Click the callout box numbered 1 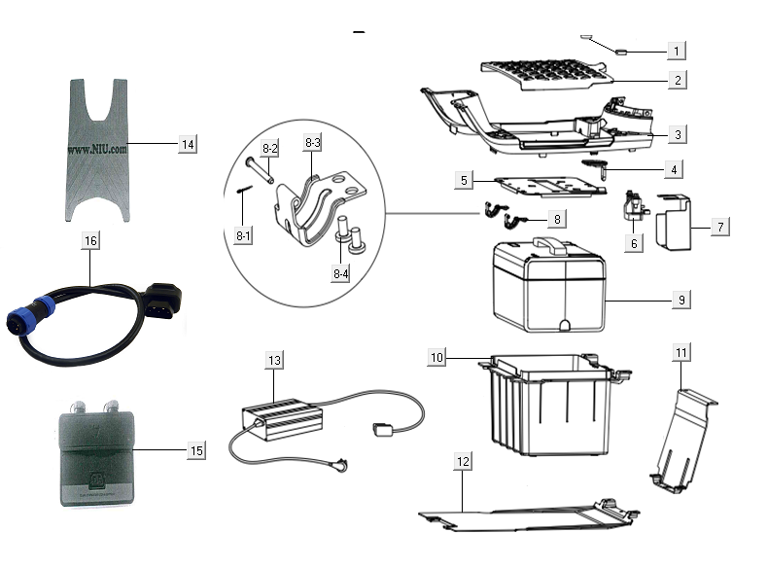677,49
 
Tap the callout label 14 188,144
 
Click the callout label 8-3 312,143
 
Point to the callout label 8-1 242,234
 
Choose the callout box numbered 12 464,460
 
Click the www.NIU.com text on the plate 98,152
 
